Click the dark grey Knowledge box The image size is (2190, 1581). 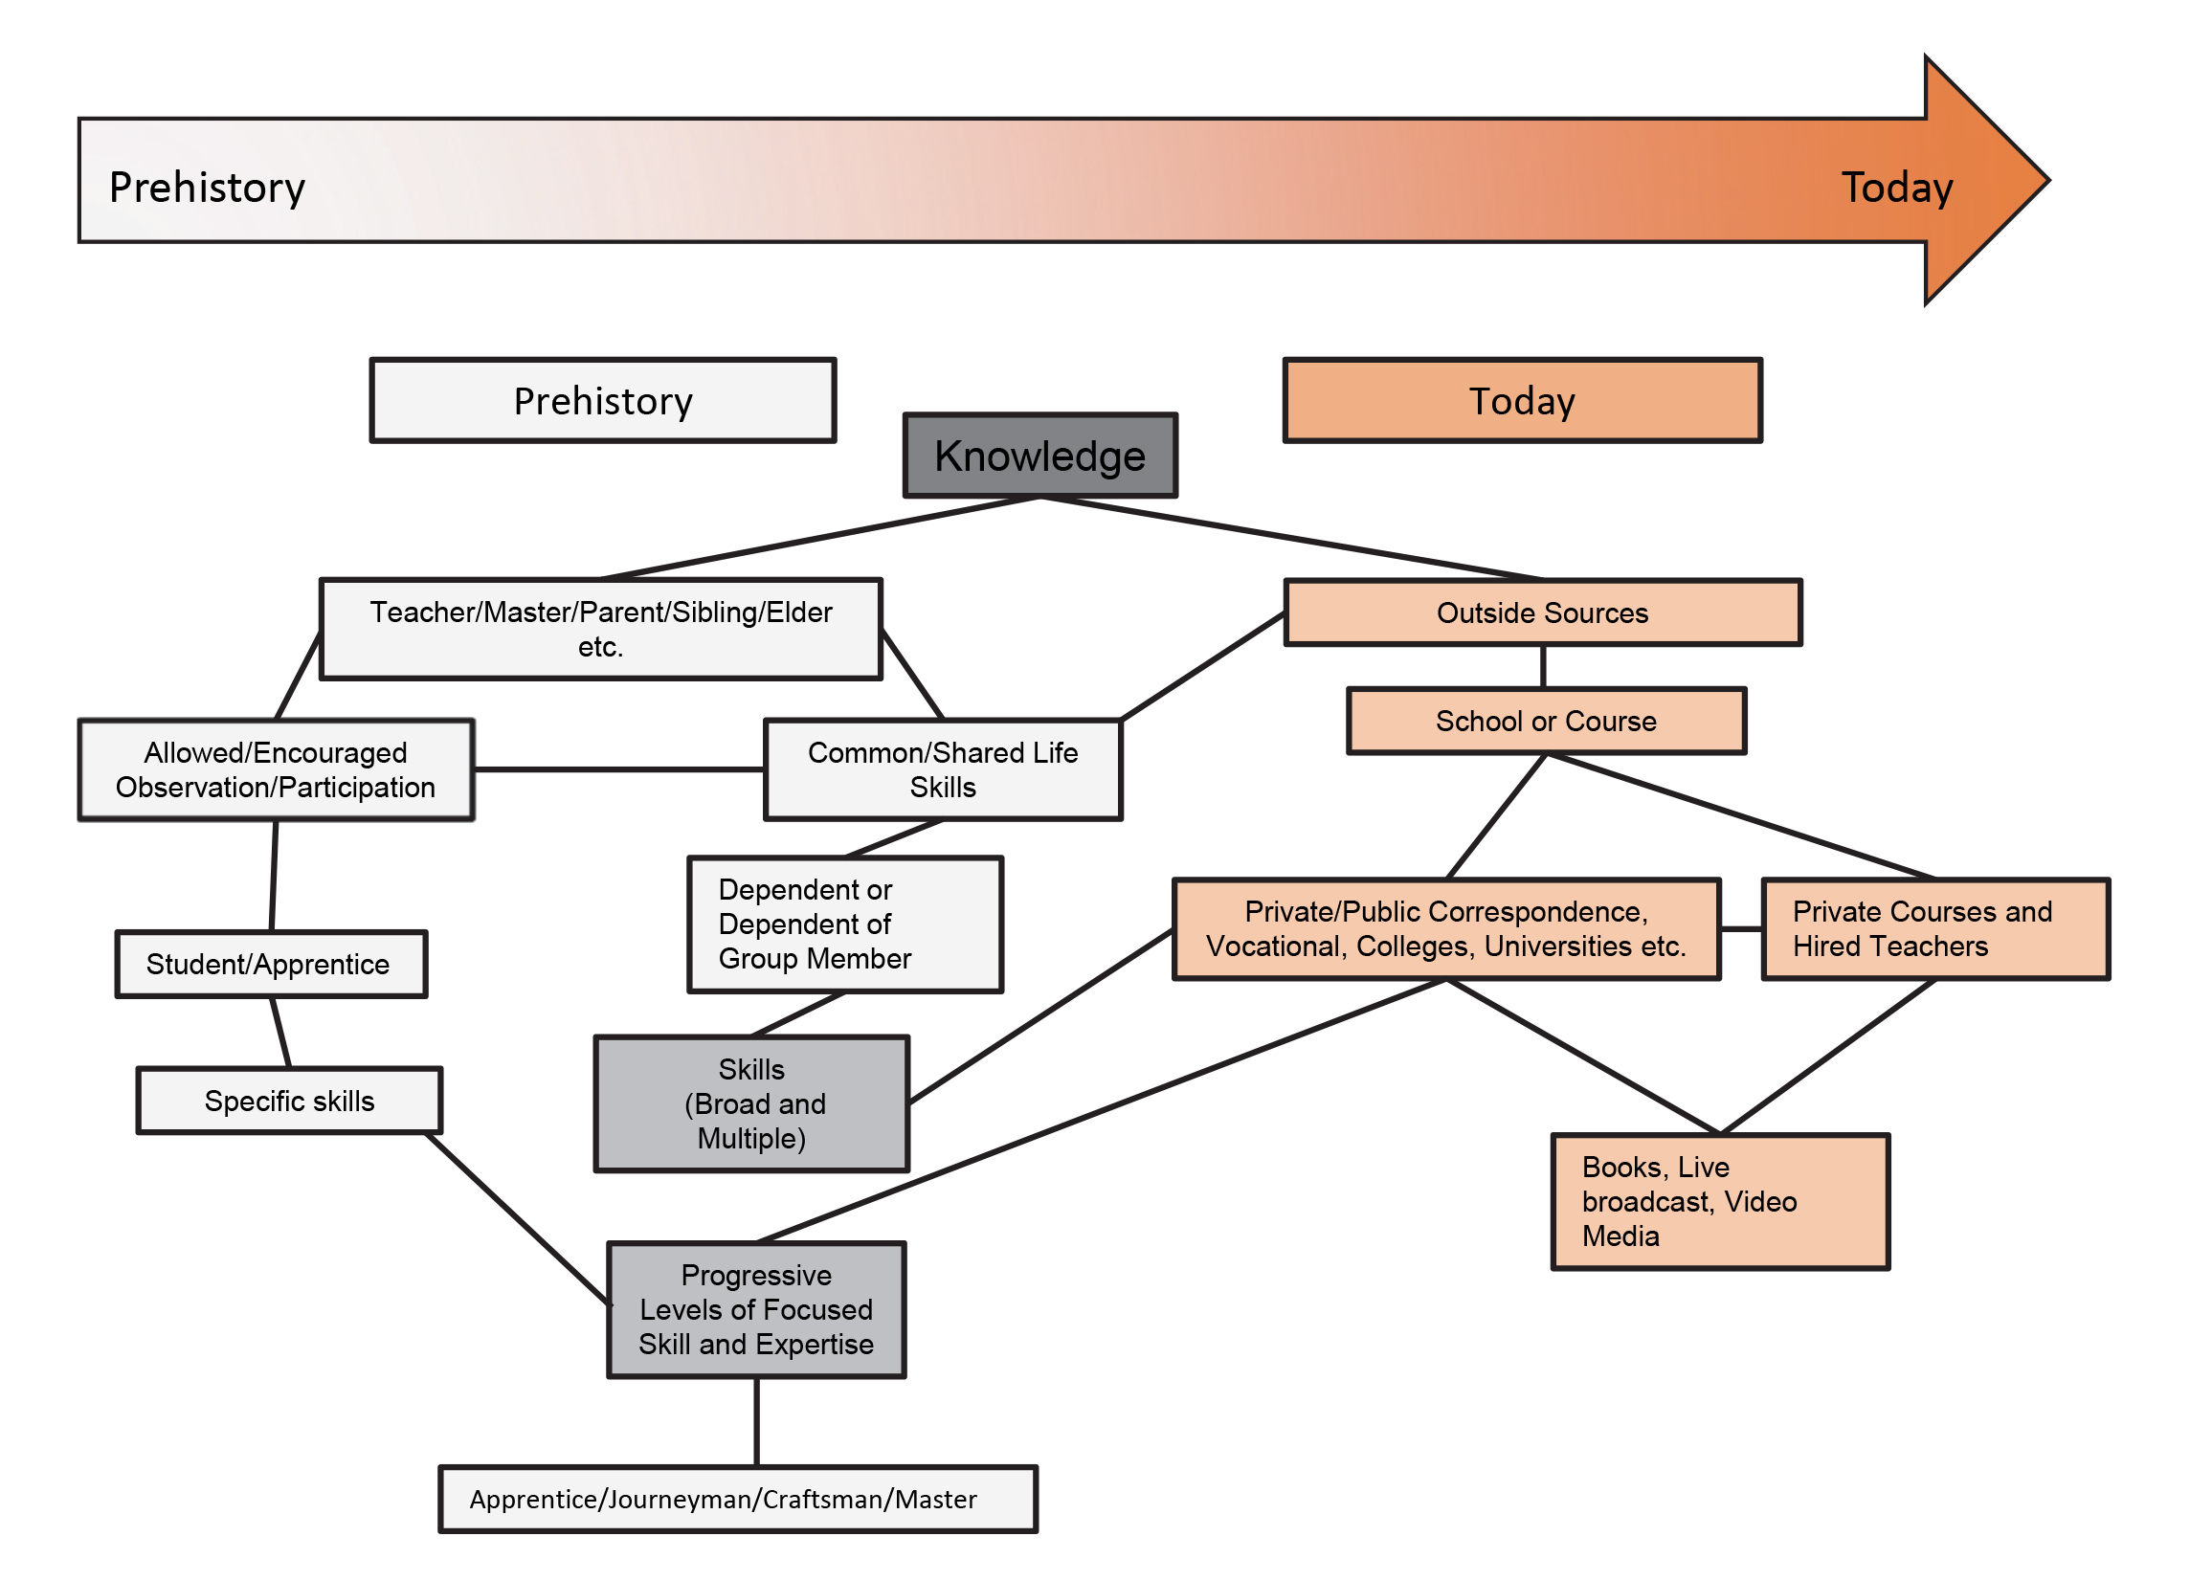pos(1039,456)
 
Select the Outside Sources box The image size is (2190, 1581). pos(1542,612)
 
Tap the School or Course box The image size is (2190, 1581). pos(1546,721)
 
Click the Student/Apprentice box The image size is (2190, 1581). pos(270,965)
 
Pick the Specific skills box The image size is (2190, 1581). pos(290,1101)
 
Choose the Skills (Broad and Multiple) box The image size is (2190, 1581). pos(751,1104)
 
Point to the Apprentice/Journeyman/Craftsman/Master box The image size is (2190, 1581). pos(738,1499)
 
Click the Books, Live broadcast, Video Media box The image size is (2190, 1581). pos(1720,1202)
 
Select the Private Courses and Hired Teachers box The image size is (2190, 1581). pos(1935,928)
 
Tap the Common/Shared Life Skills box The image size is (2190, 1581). pos(943,769)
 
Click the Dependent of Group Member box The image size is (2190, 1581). pos(845,924)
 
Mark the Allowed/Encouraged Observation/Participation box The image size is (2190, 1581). pos(277,769)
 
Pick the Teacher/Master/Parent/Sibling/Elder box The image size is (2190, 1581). pos(600,630)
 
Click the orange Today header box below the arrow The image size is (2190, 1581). pos(1522,401)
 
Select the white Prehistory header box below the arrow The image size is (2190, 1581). pos(603,401)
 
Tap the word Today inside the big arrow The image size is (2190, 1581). pos(1896,188)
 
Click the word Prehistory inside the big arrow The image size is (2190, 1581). pos(207,188)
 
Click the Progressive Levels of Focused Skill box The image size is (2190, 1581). pos(756,1310)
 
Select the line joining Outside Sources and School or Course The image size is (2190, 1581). pos(1543,667)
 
